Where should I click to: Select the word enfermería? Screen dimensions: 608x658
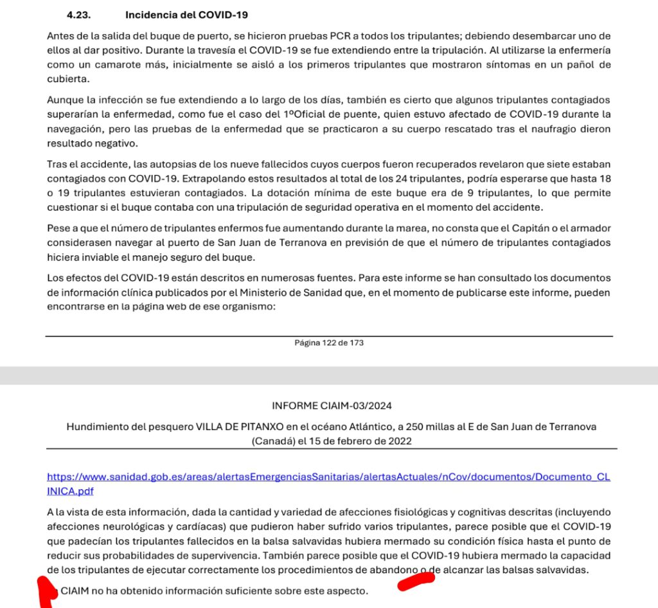pyautogui.click(x=583, y=49)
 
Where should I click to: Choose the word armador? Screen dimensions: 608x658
pyautogui.click(x=587, y=228)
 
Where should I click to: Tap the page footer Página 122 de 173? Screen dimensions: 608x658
pyautogui.click(x=329, y=343)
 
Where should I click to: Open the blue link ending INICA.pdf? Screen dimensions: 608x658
pyautogui.click(x=66, y=491)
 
